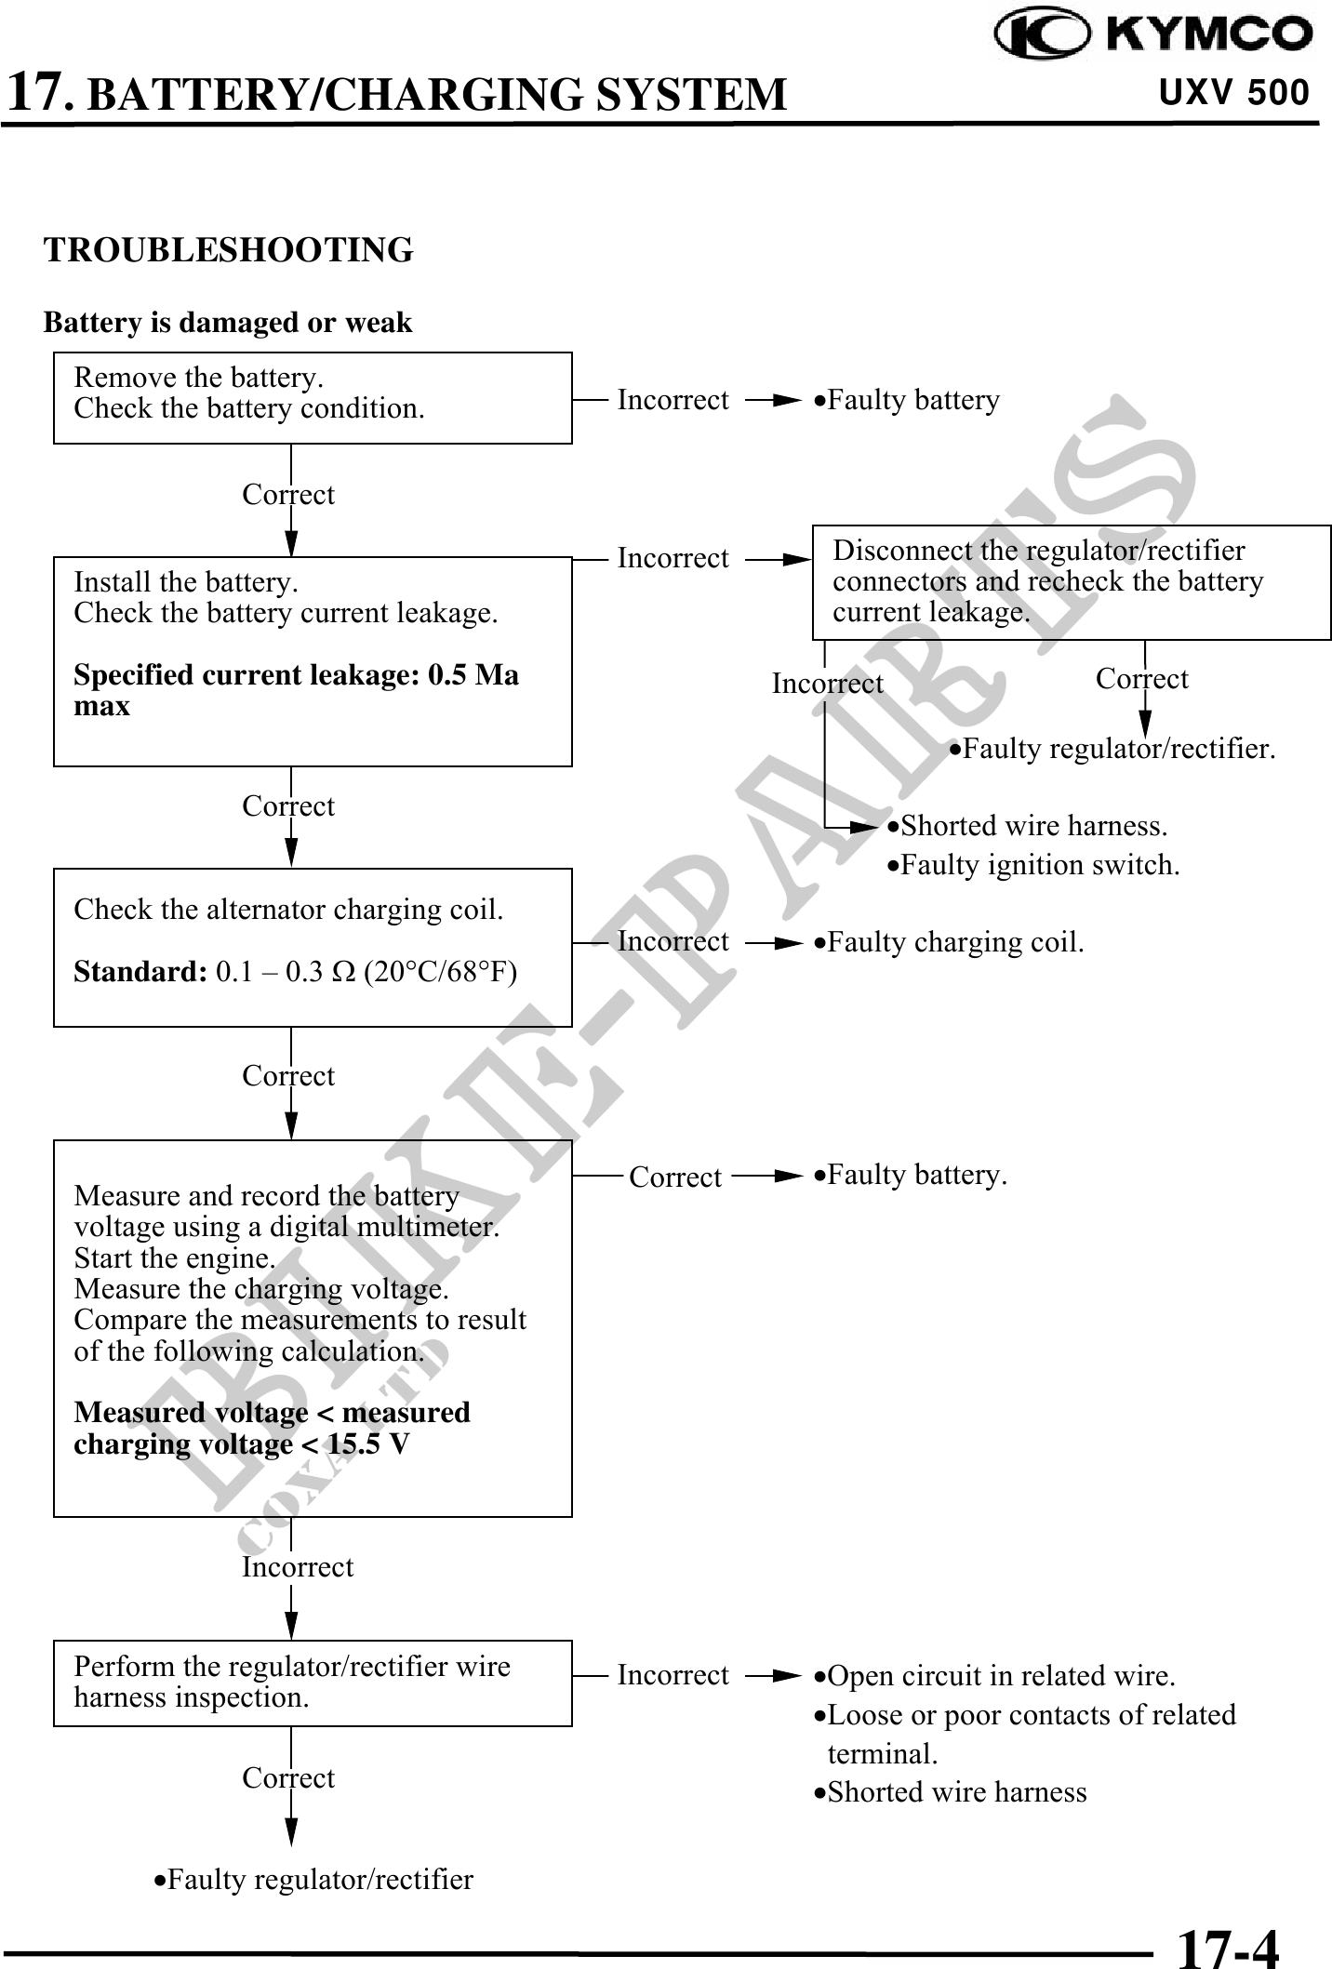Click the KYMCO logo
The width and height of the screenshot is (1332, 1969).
[x=1153, y=34]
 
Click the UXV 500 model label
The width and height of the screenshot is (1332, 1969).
[x=1233, y=93]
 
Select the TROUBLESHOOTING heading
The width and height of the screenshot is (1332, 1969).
[x=229, y=250]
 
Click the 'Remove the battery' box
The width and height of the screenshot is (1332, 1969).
[x=313, y=398]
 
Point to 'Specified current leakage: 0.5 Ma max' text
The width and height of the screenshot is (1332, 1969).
[x=296, y=690]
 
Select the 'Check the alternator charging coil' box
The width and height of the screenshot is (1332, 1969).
[x=313, y=947]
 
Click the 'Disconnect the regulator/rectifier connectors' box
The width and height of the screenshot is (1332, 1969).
[x=1072, y=582]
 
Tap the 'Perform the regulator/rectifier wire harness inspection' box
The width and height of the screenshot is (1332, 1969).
[x=313, y=1683]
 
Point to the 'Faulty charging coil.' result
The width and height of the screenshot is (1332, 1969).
[x=949, y=942]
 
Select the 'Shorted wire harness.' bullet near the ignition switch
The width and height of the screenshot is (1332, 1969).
[x=1028, y=826]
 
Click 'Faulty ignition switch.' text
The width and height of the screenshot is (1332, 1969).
[x=1033, y=865]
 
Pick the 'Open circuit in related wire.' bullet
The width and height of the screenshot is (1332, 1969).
[x=995, y=1676]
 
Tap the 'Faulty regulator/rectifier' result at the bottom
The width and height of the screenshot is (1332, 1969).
[x=314, y=1880]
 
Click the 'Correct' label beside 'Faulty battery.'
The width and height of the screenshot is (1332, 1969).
[x=675, y=1177]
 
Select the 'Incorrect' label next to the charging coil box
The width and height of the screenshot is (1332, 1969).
[x=673, y=941]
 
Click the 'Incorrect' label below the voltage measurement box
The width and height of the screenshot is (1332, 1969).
[x=298, y=1567]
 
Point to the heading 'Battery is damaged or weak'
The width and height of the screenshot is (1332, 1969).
[x=228, y=323]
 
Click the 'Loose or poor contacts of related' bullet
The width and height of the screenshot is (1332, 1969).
[x=1025, y=1715]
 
